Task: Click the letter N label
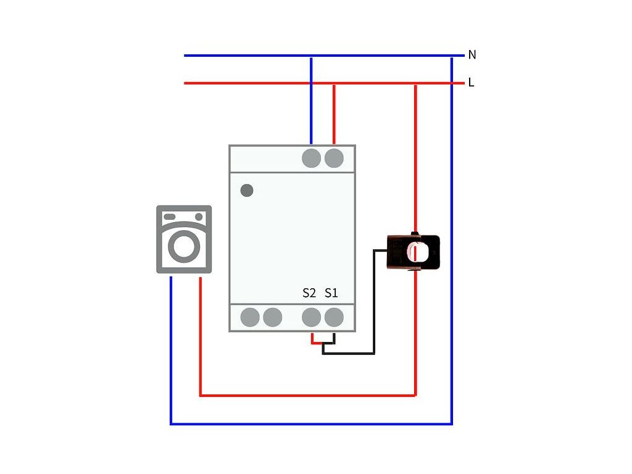click(x=472, y=55)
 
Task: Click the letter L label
click(x=472, y=82)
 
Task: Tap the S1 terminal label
click(x=331, y=293)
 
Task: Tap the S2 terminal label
click(x=309, y=293)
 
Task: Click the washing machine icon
click(x=183, y=239)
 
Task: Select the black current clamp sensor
click(x=414, y=252)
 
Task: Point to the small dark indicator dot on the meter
click(x=247, y=190)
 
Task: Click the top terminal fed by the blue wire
click(x=312, y=158)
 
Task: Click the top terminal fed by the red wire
click(x=334, y=158)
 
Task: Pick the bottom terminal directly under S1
click(x=334, y=317)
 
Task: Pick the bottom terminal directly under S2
click(x=312, y=317)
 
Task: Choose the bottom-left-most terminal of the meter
click(x=250, y=317)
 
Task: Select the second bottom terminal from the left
click(x=272, y=317)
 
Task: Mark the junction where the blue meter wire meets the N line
click(x=311, y=56)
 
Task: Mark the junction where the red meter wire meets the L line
click(x=334, y=83)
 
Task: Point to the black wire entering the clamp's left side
click(x=380, y=250)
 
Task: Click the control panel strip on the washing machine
click(x=183, y=217)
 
